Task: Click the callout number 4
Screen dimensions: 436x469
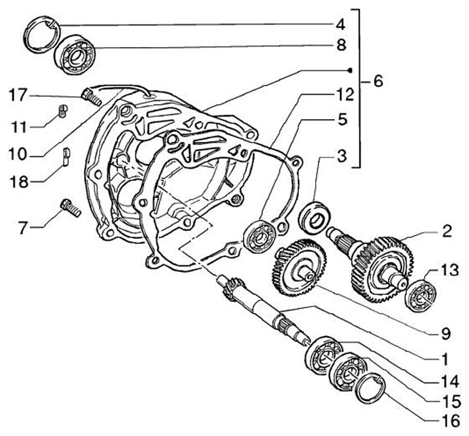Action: (x=341, y=25)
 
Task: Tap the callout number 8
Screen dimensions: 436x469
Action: (x=341, y=46)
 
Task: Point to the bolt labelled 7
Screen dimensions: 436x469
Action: (x=70, y=207)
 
